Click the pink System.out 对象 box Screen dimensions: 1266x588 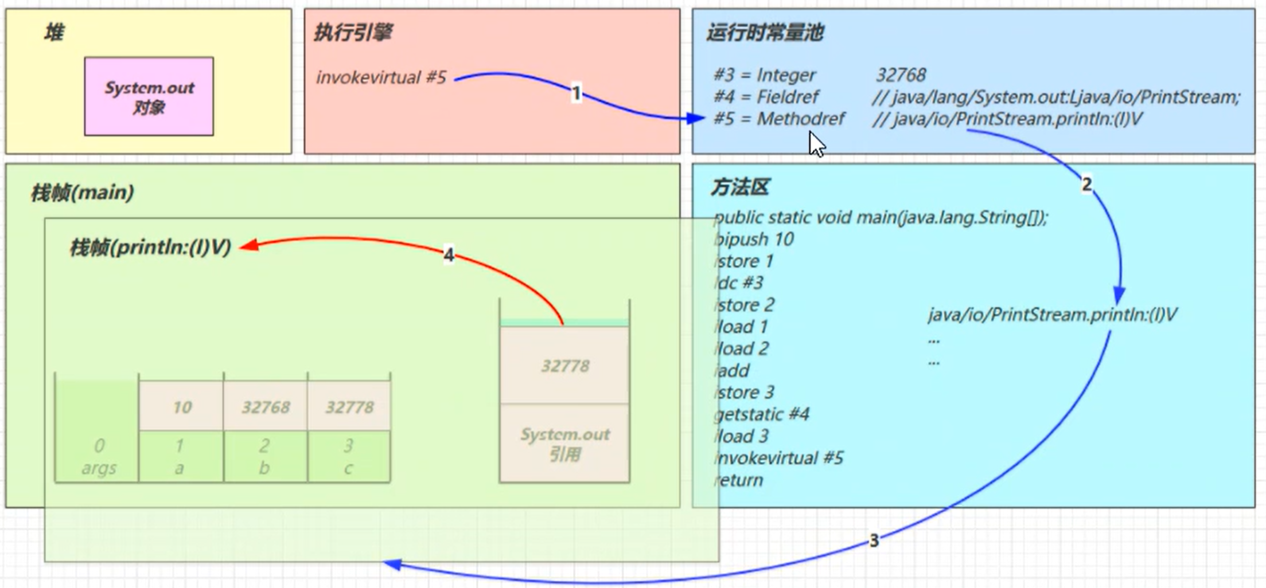pyautogui.click(x=149, y=96)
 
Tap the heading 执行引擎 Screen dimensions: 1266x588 pyautogui.click(x=353, y=33)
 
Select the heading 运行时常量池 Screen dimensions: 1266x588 pyautogui.click(x=765, y=33)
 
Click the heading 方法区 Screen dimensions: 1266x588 pyautogui.click(x=739, y=187)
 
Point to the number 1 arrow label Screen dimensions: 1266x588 pyautogui.click(x=576, y=92)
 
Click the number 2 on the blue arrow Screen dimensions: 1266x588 pyautogui.click(x=1086, y=185)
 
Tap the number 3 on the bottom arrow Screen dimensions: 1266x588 pyautogui.click(x=874, y=540)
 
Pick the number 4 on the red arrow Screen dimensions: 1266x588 pyautogui.click(x=449, y=254)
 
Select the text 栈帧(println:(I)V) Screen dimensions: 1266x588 pyautogui.click(x=150, y=248)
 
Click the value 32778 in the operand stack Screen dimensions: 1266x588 pyautogui.click(x=565, y=366)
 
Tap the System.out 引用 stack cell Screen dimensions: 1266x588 pyautogui.click(x=565, y=444)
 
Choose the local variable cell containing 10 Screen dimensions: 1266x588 pyautogui.click(x=182, y=407)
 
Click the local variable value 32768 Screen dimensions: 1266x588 pyautogui.click(x=266, y=407)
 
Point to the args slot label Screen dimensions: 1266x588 pyautogui.click(x=99, y=468)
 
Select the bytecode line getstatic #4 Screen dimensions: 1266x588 pyautogui.click(x=762, y=414)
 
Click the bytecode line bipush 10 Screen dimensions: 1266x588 pyautogui.click(x=754, y=239)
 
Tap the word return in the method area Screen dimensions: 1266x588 pyautogui.click(x=739, y=480)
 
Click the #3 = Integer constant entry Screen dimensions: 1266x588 pyautogui.click(x=764, y=75)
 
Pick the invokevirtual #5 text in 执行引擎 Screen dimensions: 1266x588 pyautogui.click(x=381, y=77)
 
